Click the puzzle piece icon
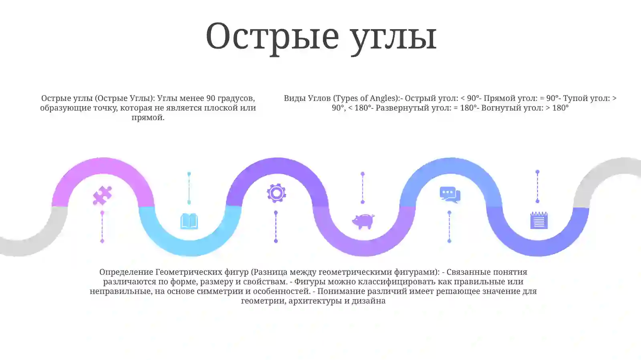(102, 195)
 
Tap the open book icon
(189, 221)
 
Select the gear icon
(276, 193)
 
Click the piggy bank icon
(363, 221)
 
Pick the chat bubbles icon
(450, 195)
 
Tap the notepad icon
(539, 220)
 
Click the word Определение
(126, 272)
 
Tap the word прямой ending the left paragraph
(147, 117)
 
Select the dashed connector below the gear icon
(276, 226)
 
